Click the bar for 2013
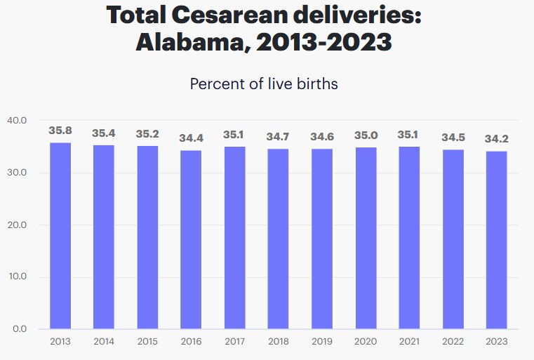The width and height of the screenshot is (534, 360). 60,236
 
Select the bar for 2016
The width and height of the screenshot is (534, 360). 191,239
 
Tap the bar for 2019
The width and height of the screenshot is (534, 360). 322,239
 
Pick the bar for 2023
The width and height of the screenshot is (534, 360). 496,240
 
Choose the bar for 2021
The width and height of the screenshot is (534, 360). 409,237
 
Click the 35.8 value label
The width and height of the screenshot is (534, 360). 60,131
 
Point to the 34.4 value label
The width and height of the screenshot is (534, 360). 191,138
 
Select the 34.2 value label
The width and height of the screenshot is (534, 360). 496,139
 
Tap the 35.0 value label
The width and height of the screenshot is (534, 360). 366,135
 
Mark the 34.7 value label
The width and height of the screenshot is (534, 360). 279,136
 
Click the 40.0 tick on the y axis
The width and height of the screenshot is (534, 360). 17,121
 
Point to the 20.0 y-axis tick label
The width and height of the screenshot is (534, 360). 17,225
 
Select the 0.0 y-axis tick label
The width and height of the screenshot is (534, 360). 19,328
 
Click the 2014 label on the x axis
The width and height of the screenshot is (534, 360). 104,342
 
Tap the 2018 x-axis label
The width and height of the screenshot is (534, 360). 279,342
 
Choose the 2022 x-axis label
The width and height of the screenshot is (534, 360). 453,342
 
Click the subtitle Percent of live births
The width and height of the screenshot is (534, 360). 264,84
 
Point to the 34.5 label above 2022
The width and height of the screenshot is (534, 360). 453,138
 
